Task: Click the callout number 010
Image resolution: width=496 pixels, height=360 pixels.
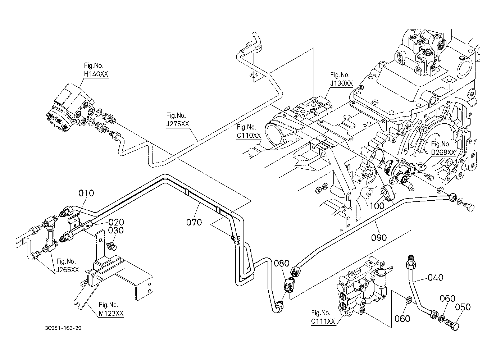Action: [86, 193]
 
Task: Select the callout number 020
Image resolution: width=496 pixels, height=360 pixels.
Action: [116, 222]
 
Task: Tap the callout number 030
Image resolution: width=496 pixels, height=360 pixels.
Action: [116, 231]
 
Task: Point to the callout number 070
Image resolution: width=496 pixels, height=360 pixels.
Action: [194, 222]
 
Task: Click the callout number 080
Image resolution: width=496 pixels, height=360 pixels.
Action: [282, 264]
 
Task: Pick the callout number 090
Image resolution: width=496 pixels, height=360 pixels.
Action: [379, 237]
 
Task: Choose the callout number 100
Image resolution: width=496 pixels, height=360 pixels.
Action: [377, 206]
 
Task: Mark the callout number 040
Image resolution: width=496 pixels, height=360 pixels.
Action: [435, 278]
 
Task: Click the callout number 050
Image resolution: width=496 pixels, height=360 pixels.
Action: [463, 307]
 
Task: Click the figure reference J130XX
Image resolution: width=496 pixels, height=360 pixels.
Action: [342, 83]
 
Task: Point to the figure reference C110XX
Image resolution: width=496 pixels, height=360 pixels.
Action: [249, 136]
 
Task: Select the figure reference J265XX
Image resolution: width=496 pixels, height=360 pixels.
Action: [67, 270]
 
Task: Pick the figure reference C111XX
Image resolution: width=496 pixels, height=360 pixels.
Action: [323, 321]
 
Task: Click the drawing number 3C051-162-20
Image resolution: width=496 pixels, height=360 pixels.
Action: [63, 328]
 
